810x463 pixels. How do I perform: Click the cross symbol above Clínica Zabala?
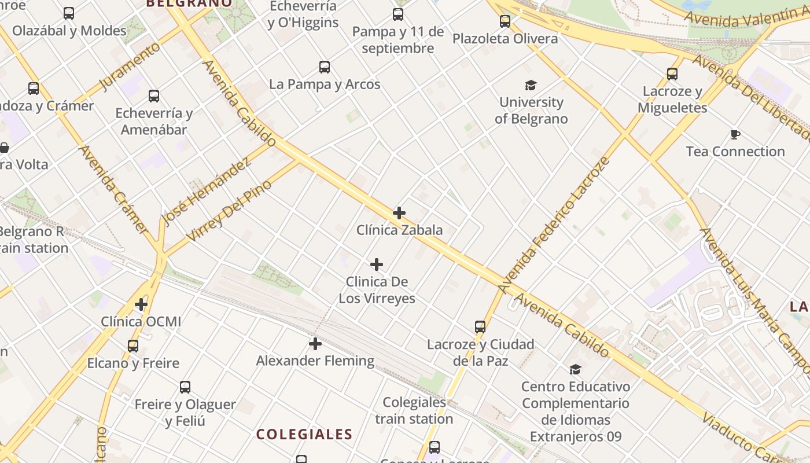pos(399,213)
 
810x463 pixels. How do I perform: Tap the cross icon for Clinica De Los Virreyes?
pos(377,265)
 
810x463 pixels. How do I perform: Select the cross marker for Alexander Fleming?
pos(315,344)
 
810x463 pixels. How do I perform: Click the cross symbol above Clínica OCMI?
pos(141,304)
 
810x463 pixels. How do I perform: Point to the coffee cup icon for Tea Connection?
pos(735,135)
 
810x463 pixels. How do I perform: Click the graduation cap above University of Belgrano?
pos(531,86)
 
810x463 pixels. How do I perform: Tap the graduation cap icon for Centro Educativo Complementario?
pos(575,369)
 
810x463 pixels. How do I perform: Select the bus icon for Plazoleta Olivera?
pos(505,21)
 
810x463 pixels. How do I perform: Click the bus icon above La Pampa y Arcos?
pos(325,67)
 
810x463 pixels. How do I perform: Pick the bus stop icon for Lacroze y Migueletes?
pos(672,74)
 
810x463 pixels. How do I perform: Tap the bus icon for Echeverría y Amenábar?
pos(154,96)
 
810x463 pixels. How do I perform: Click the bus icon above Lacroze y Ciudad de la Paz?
pos(480,327)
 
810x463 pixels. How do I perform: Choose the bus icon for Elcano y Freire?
pos(133,346)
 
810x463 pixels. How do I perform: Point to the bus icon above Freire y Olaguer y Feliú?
pos(185,387)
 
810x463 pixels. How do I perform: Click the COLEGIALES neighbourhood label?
pos(304,434)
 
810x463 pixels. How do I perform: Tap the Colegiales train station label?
pos(414,410)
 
